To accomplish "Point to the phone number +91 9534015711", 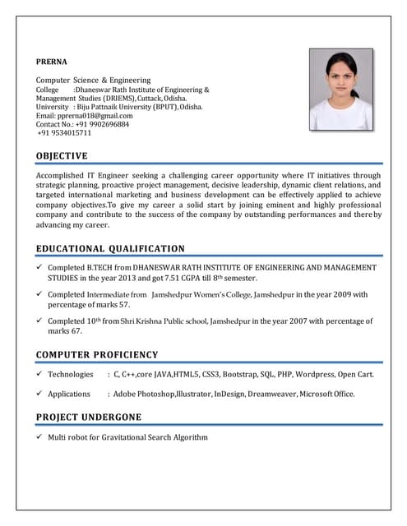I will pyautogui.click(x=65, y=133).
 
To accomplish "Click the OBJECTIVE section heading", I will pyautogui.click(x=62, y=156).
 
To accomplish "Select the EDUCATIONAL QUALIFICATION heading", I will pyautogui.click(x=110, y=249).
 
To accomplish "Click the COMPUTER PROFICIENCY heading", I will pyautogui.click(x=97, y=355).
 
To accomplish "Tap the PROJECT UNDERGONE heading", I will pyautogui.click(x=89, y=418).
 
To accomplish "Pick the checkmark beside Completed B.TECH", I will pyautogui.click(x=40, y=268).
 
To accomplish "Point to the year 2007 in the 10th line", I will pyautogui.click(x=279, y=321).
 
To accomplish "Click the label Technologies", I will pyautogui.click(x=71, y=374).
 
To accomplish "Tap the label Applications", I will pyautogui.click(x=70, y=394).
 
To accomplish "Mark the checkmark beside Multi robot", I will pyautogui.click(x=40, y=437).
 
